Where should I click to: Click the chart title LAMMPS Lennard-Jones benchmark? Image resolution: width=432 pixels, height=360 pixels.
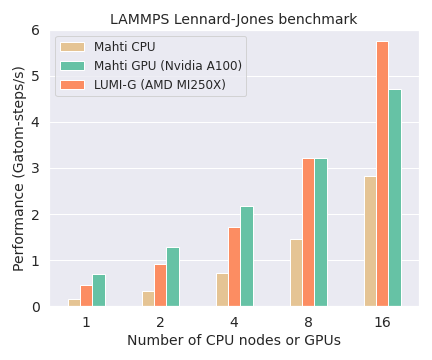(233, 19)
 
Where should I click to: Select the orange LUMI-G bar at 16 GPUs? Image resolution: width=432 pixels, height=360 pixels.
(382, 174)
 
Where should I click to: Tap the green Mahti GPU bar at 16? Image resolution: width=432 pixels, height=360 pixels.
(395, 198)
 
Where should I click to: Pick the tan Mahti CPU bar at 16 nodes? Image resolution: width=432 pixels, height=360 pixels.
(369, 241)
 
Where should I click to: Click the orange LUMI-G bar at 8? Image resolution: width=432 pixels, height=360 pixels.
(308, 232)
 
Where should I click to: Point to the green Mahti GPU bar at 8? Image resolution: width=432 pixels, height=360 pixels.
(321, 232)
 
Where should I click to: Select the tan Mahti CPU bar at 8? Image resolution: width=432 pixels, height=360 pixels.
(295, 272)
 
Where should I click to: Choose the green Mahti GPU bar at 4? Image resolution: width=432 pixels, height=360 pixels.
(247, 256)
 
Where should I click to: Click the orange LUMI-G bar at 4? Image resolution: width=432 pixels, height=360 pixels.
(234, 266)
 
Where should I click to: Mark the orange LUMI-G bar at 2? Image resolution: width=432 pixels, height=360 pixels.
(160, 285)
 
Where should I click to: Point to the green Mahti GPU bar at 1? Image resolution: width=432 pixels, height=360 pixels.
(99, 290)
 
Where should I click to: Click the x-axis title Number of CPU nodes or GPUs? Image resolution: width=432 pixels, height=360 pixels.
(234, 341)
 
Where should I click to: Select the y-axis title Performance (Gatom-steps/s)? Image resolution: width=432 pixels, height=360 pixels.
(17, 168)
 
